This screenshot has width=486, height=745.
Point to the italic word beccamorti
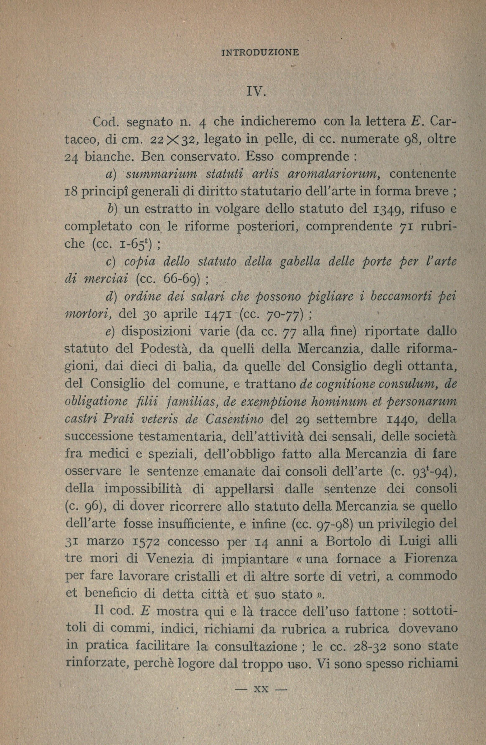pyautogui.click(x=398, y=296)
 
